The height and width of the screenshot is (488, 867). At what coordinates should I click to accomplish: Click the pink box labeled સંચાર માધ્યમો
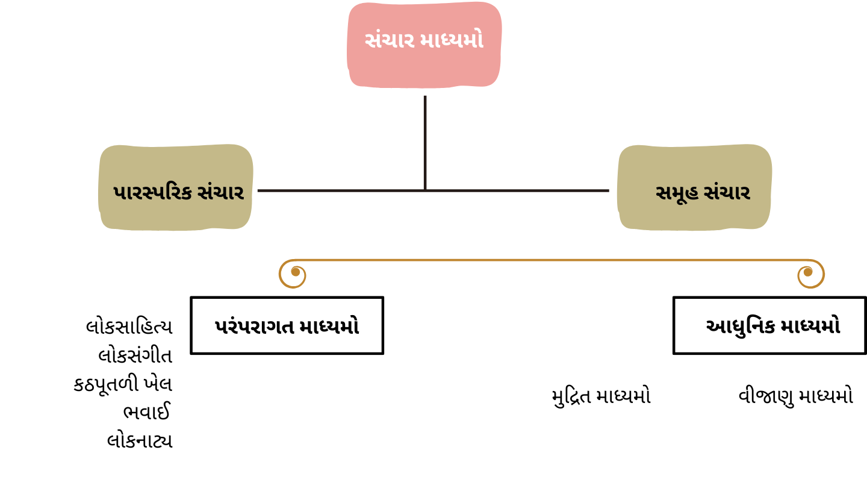tap(424, 45)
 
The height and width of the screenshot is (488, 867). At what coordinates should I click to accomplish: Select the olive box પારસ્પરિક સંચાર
tap(176, 187)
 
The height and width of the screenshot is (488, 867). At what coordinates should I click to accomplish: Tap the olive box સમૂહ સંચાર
tap(694, 187)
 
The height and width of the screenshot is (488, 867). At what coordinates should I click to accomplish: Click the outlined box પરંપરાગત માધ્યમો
tap(287, 325)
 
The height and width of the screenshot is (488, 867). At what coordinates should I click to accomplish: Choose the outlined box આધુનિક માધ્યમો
tap(769, 325)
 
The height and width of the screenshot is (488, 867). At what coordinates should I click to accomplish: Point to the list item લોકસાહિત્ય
tap(129, 327)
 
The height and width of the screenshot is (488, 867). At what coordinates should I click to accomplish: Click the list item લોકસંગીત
tap(135, 355)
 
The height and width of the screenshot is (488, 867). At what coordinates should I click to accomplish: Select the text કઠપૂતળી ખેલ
tap(123, 384)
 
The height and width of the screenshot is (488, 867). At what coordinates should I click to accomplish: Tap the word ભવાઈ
tap(147, 411)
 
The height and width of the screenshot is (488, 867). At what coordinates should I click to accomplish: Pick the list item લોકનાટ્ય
tap(140, 441)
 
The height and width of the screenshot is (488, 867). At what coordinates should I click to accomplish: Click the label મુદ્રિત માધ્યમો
tap(601, 396)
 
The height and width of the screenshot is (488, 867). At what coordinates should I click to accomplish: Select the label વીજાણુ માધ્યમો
tap(796, 396)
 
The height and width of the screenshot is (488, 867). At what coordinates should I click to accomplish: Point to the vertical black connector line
tap(425, 143)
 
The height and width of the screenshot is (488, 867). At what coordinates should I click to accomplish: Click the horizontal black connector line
tap(433, 190)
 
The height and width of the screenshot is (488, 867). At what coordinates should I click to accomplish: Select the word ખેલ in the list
tap(158, 384)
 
